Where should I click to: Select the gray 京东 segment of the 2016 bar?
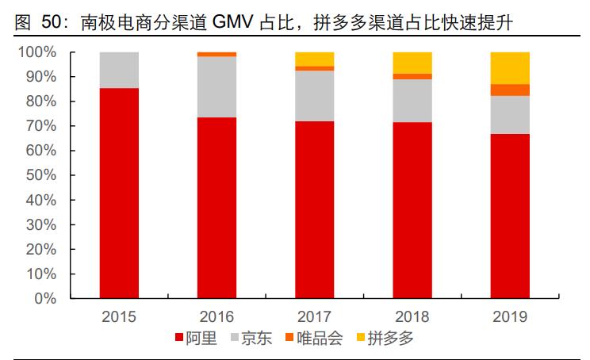coord(216,86)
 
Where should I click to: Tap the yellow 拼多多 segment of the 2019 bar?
coord(510,67)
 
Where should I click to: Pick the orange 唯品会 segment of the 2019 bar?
coord(510,90)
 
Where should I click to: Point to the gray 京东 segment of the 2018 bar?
coord(412,101)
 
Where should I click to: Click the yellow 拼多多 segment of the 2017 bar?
coord(315,59)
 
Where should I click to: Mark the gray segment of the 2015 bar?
coord(119,70)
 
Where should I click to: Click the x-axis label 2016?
coord(216,316)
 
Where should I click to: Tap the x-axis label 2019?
coord(510,316)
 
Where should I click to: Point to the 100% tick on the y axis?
coord(37,52)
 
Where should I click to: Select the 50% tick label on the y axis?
coord(40,175)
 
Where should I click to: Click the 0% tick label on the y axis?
coord(44,299)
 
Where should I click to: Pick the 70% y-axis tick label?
coord(40,126)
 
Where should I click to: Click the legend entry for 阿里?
coord(193,339)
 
